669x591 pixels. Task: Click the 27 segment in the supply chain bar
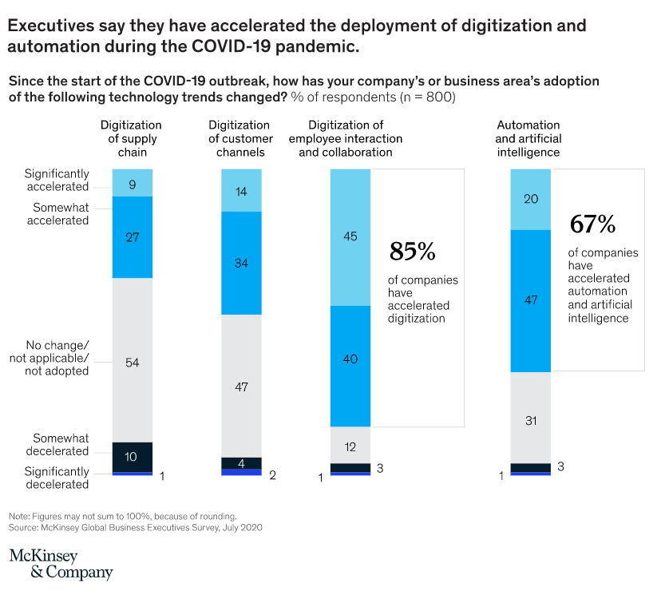click(132, 237)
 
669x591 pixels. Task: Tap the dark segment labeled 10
click(132, 457)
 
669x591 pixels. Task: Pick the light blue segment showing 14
click(241, 191)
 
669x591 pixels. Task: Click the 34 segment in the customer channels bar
click(241, 264)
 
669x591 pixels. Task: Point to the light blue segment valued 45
click(350, 237)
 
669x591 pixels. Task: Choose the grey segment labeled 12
click(350, 445)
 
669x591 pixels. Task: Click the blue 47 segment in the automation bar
click(530, 301)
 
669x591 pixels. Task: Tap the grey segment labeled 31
click(530, 418)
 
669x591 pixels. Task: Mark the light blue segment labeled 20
click(530, 200)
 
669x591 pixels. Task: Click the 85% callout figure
click(412, 252)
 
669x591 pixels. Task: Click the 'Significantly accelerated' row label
click(57, 180)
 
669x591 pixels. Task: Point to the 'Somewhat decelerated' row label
click(61, 445)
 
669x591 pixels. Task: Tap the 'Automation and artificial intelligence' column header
click(528, 138)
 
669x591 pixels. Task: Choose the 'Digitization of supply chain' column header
click(131, 138)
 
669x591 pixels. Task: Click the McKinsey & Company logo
click(61, 563)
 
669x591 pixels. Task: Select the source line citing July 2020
click(136, 528)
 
